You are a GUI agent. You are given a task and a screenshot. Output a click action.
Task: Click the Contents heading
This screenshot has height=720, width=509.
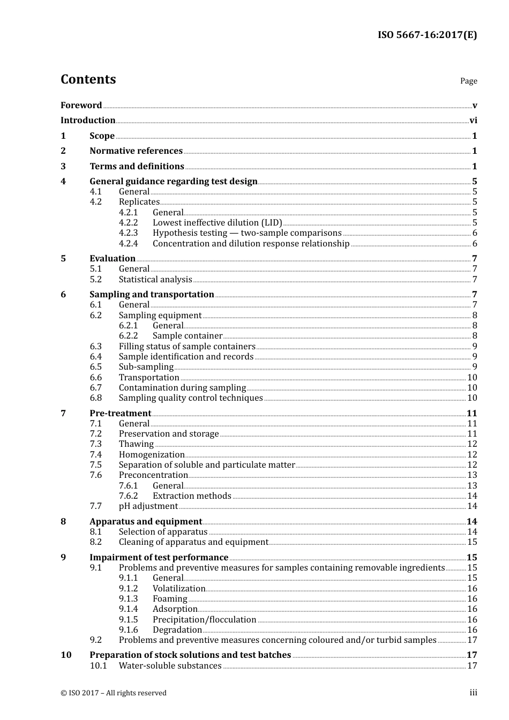click(x=88, y=79)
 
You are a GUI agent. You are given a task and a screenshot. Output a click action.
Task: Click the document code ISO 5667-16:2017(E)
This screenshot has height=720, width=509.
click(x=427, y=35)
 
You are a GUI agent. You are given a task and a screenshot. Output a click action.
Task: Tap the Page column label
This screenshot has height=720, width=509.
click(x=468, y=81)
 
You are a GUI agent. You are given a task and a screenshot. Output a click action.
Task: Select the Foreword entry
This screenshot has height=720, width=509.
click(x=81, y=106)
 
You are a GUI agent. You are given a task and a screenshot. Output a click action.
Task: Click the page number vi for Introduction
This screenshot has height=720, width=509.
click(x=473, y=121)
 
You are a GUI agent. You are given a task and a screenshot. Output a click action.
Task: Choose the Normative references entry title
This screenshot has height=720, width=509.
click(x=136, y=151)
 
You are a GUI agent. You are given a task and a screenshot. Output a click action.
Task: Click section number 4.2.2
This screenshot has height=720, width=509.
click(x=128, y=223)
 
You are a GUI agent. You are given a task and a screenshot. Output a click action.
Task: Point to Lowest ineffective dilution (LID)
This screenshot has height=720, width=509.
click(x=217, y=223)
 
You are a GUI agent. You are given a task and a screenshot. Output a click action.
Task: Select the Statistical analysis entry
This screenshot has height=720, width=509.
click(x=155, y=280)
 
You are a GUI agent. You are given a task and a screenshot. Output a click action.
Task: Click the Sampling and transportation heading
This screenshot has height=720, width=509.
click(x=152, y=295)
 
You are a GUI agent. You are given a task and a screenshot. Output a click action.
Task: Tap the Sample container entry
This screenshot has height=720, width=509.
click(x=188, y=336)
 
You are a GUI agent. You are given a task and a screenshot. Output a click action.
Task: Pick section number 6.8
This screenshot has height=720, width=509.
click(x=95, y=398)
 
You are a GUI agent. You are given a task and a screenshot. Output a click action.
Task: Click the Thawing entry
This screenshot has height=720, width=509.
click(x=136, y=444)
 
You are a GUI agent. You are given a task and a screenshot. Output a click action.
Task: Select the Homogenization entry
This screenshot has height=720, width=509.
click(x=152, y=455)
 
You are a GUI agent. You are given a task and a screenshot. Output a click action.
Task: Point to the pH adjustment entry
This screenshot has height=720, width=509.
click(x=148, y=506)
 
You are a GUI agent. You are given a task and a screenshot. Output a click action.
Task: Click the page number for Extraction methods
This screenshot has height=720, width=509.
click(x=472, y=496)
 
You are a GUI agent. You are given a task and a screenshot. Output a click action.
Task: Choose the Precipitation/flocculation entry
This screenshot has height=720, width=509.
click(x=204, y=620)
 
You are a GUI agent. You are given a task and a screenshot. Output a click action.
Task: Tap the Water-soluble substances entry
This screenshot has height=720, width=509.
click(x=170, y=666)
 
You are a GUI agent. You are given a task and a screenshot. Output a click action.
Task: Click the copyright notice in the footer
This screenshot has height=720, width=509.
click(x=114, y=693)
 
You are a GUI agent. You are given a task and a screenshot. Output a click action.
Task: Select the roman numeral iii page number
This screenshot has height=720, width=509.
click(x=473, y=693)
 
